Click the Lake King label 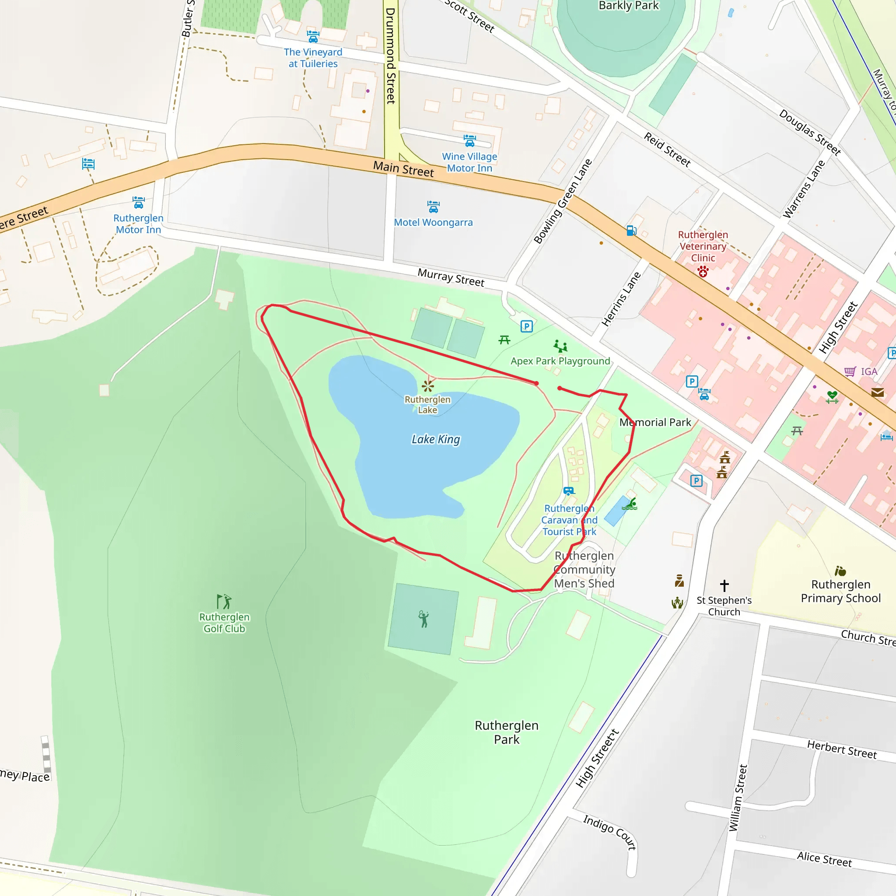(x=435, y=439)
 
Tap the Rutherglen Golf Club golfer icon (x=224, y=601)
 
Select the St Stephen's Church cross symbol (x=724, y=585)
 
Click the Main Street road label (x=403, y=169)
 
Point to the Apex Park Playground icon (x=560, y=346)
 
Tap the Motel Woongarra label (x=433, y=223)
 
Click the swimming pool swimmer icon (x=630, y=504)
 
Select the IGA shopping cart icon (x=850, y=371)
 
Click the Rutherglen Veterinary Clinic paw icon (x=703, y=271)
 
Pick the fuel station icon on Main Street (x=631, y=230)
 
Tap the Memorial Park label (x=655, y=423)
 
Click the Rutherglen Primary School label (x=840, y=591)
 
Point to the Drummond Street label (x=391, y=56)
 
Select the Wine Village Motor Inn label (x=469, y=162)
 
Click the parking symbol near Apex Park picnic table (x=526, y=326)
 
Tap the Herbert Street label (x=842, y=750)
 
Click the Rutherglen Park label (x=507, y=732)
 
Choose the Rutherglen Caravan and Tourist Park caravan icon (x=569, y=491)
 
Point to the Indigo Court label (x=609, y=832)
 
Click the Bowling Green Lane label (x=563, y=201)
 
